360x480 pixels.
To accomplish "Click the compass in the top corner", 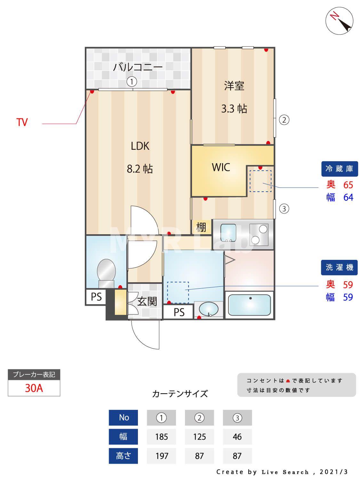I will pyautogui.click(x=339, y=20).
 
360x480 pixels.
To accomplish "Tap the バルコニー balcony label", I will pyautogui.click(x=138, y=67).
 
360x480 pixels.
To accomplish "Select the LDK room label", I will pyautogui.click(x=140, y=146).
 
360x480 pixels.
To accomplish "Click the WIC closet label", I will pyautogui.click(x=221, y=167).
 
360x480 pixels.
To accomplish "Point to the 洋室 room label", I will pyautogui.click(x=234, y=86).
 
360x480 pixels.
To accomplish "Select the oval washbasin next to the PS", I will pyautogui.click(x=209, y=310).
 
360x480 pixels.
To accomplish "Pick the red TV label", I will pyautogui.click(x=22, y=122).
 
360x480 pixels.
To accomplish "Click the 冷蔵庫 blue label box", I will pyautogui.click(x=339, y=169).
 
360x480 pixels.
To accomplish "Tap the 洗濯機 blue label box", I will pyautogui.click(x=339, y=267).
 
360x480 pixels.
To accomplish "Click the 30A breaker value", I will pyautogui.click(x=34, y=388).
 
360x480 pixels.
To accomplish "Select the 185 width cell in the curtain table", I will pyautogui.click(x=161, y=437).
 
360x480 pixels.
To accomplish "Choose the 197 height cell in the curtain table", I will pyautogui.click(x=161, y=456).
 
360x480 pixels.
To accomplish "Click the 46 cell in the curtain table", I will pyautogui.click(x=237, y=437).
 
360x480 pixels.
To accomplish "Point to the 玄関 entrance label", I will pyautogui.click(x=147, y=301).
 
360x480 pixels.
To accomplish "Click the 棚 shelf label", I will pyautogui.click(x=201, y=227).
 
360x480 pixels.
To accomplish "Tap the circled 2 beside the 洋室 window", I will pyautogui.click(x=284, y=120).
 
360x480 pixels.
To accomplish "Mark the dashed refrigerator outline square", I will pyautogui.click(x=260, y=181).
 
